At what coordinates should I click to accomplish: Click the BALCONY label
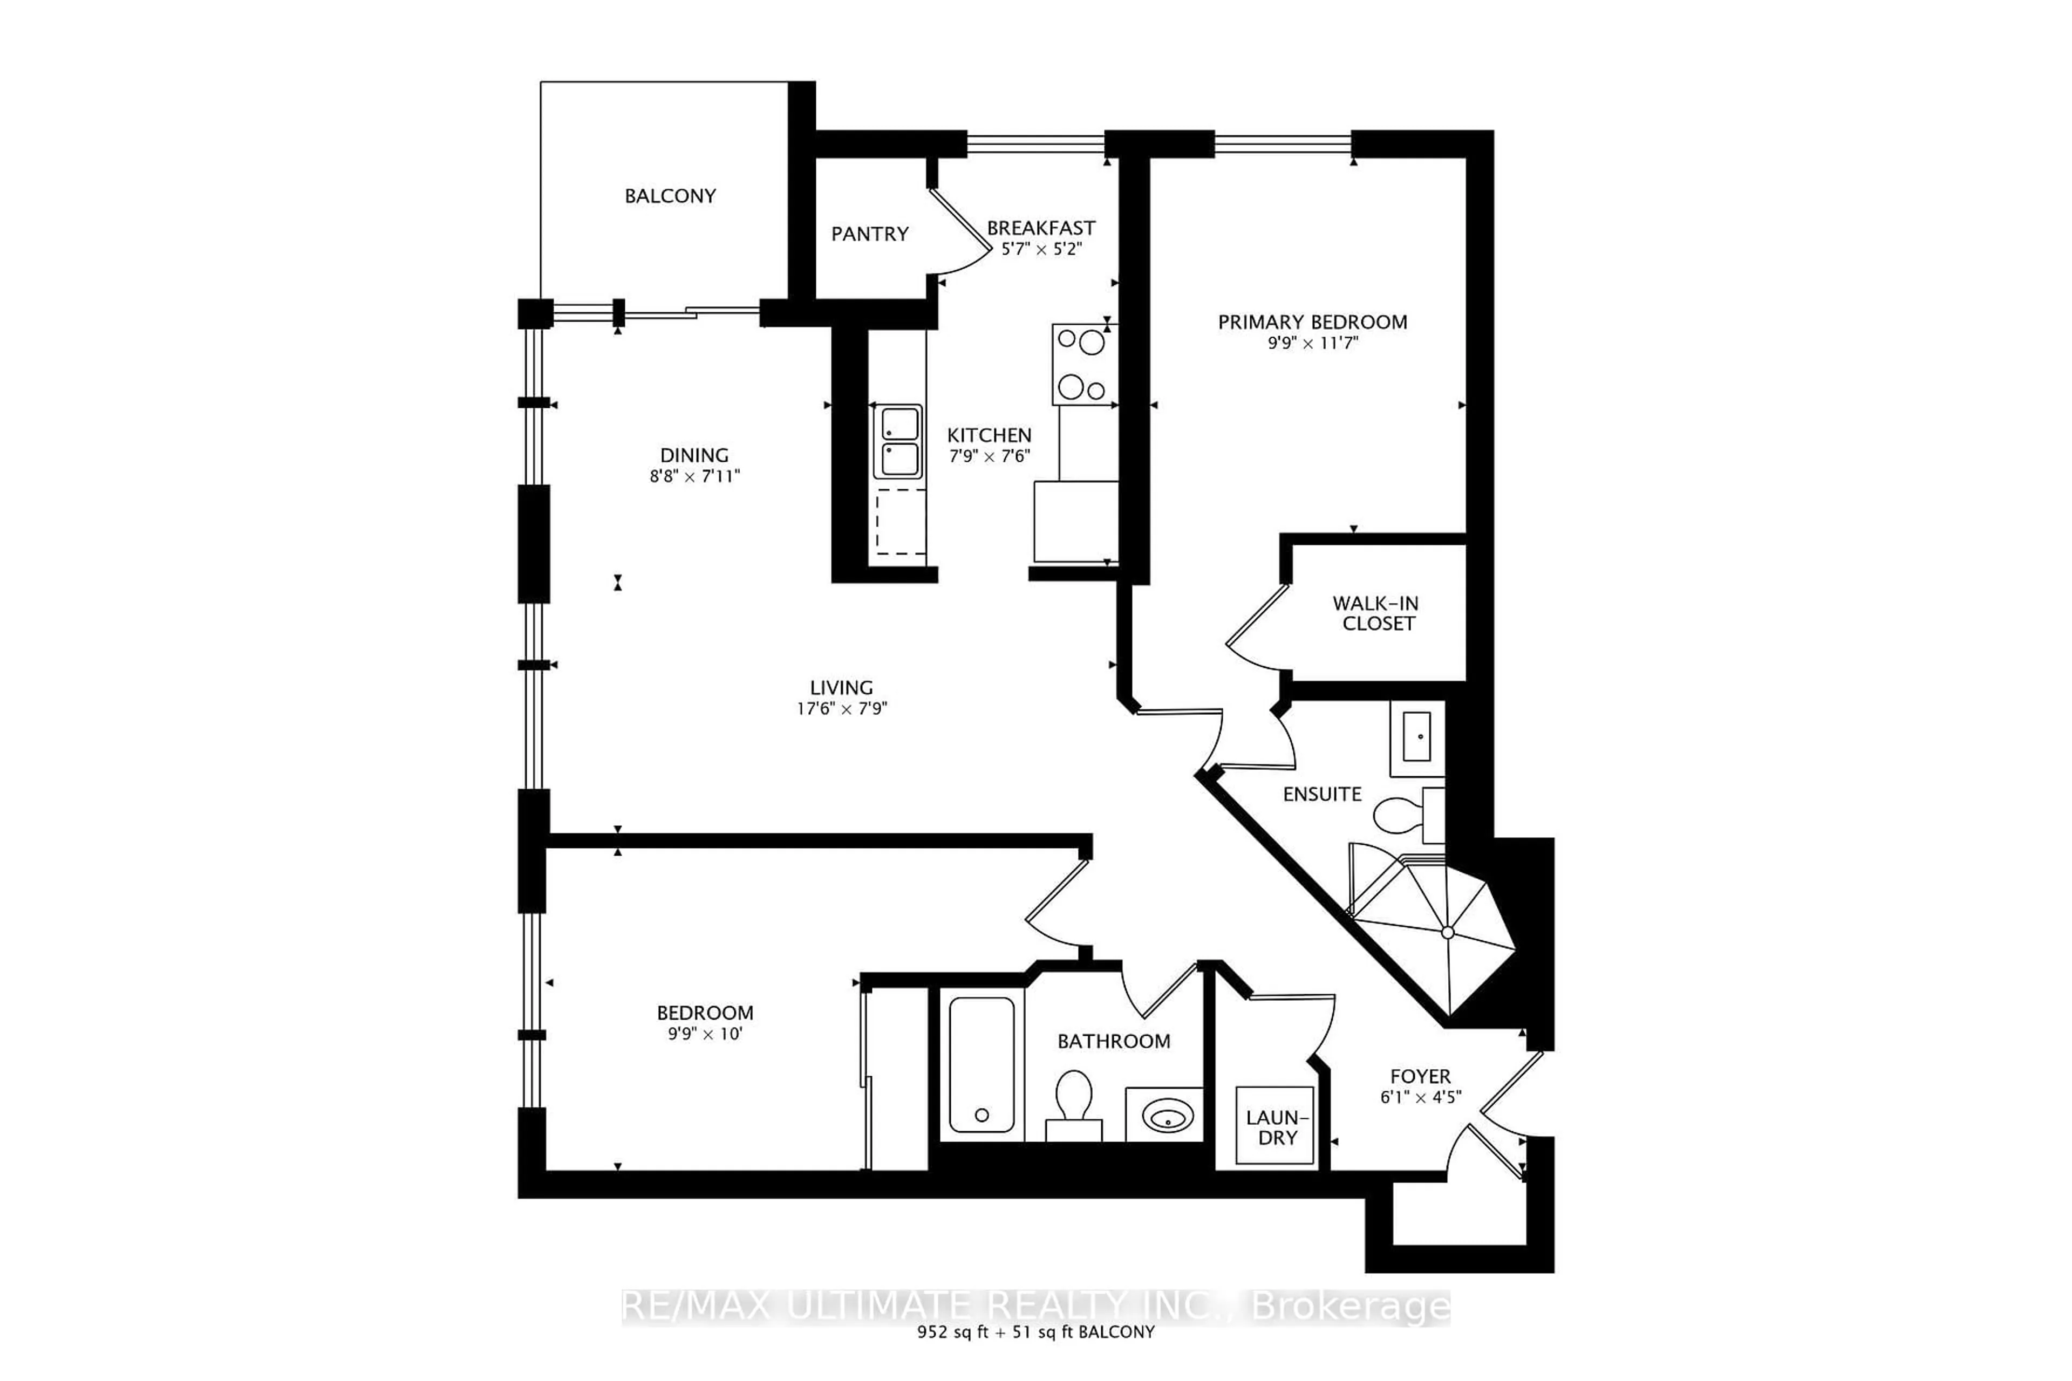[670, 195]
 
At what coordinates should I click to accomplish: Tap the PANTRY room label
[869, 234]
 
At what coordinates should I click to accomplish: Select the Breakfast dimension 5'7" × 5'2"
[1041, 249]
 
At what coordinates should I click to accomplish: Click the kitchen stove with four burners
[1083, 365]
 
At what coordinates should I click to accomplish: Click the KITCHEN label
[989, 435]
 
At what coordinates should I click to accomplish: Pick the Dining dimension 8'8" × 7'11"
[694, 476]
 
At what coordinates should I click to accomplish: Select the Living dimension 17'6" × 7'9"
[841, 709]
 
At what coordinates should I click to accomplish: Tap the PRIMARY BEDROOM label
[1312, 323]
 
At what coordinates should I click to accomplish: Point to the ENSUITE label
[1321, 795]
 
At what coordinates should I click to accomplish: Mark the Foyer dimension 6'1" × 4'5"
[1420, 1097]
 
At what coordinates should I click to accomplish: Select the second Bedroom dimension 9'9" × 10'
[705, 1034]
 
